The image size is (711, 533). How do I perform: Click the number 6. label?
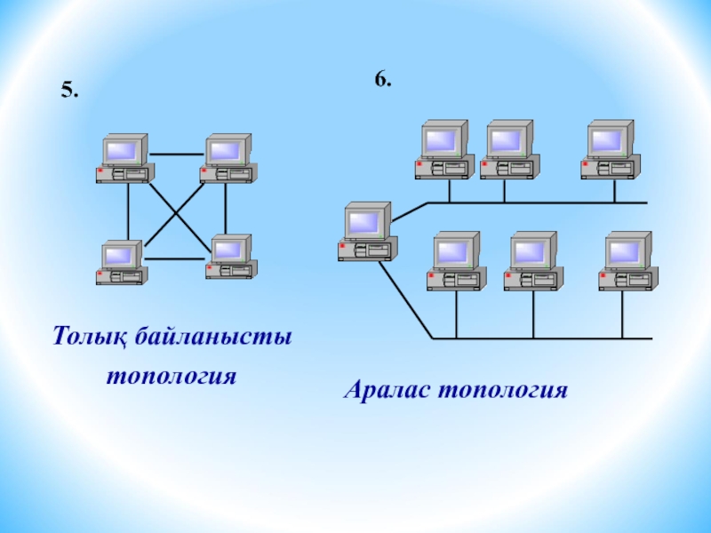382,79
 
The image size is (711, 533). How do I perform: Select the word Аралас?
387,390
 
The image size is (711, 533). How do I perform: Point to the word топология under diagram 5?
171,376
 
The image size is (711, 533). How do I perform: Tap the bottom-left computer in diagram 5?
121,262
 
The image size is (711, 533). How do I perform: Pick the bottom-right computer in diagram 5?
230,258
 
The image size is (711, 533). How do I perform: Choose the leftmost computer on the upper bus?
443,149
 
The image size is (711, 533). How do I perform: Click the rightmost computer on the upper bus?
611,149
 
